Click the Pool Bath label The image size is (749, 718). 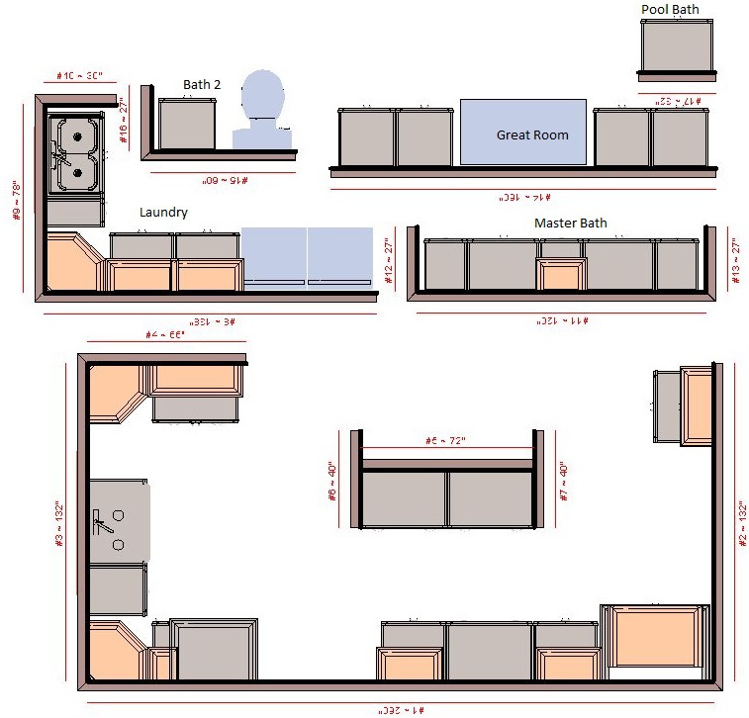click(x=670, y=10)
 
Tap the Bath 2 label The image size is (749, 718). click(x=201, y=85)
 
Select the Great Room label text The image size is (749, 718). click(x=532, y=135)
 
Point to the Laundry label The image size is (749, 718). click(x=163, y=212)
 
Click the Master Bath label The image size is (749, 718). click(x=571, y=224)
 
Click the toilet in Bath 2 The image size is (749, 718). click(x=261, y=109)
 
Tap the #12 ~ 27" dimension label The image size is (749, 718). click(x=389, y=260)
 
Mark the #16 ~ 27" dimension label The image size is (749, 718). click(x=125, y=121)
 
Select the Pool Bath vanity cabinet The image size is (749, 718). click(x=677, y=46)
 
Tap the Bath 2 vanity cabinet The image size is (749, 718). click(x=188, y=124)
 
